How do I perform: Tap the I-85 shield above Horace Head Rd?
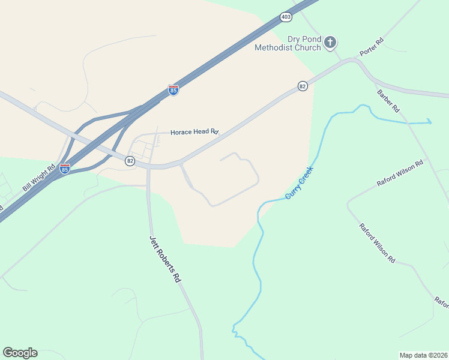tap(173, 90)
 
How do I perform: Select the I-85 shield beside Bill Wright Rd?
tap(65, 169)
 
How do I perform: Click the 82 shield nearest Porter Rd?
tap(303, 87)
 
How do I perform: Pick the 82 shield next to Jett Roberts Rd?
tap(130, 161)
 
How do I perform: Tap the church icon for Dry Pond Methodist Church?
tap(330, 42)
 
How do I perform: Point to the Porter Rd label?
tap(371, 48)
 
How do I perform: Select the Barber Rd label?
tap(388, 101)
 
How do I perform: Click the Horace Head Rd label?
tap(194, 132)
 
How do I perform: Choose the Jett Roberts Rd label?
tap(165, 259)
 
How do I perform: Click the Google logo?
tap(20, 353)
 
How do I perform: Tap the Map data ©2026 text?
tap(423, 355)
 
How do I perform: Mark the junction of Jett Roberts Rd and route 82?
tap(148, 167)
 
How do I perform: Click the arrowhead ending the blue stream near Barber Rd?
tap(430, 122)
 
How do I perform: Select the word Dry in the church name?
tap(294, 39)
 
